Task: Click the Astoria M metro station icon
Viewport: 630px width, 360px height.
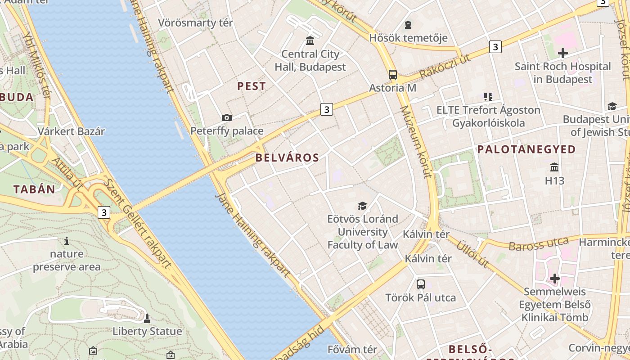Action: click(393, 75)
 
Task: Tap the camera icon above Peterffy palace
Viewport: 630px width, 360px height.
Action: click(227, 118)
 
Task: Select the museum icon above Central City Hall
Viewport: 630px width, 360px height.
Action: click(310, 41)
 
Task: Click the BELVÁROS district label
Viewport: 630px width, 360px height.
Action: click(287, 158)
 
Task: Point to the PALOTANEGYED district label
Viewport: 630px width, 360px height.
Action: click(526, 149)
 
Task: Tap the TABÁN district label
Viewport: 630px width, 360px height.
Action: click(34, 189)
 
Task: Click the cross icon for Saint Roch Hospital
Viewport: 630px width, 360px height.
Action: click(562, 53)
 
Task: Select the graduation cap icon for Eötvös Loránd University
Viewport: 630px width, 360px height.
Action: click(362, 206)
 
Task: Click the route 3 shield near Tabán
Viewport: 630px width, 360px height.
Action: click(104, 212)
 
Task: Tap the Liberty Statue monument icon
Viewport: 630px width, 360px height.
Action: click(147, 319)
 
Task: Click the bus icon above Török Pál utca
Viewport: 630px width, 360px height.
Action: click(421, 284)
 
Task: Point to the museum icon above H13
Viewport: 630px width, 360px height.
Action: click(554, 167)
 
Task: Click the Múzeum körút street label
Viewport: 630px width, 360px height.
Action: click(415, 142)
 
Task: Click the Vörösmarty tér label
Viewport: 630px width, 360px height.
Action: click(195, 22)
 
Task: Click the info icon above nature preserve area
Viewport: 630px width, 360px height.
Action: click(67, 241)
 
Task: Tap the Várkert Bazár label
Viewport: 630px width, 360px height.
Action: click(71, 131)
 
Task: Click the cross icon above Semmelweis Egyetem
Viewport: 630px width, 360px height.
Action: click(555, 279)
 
